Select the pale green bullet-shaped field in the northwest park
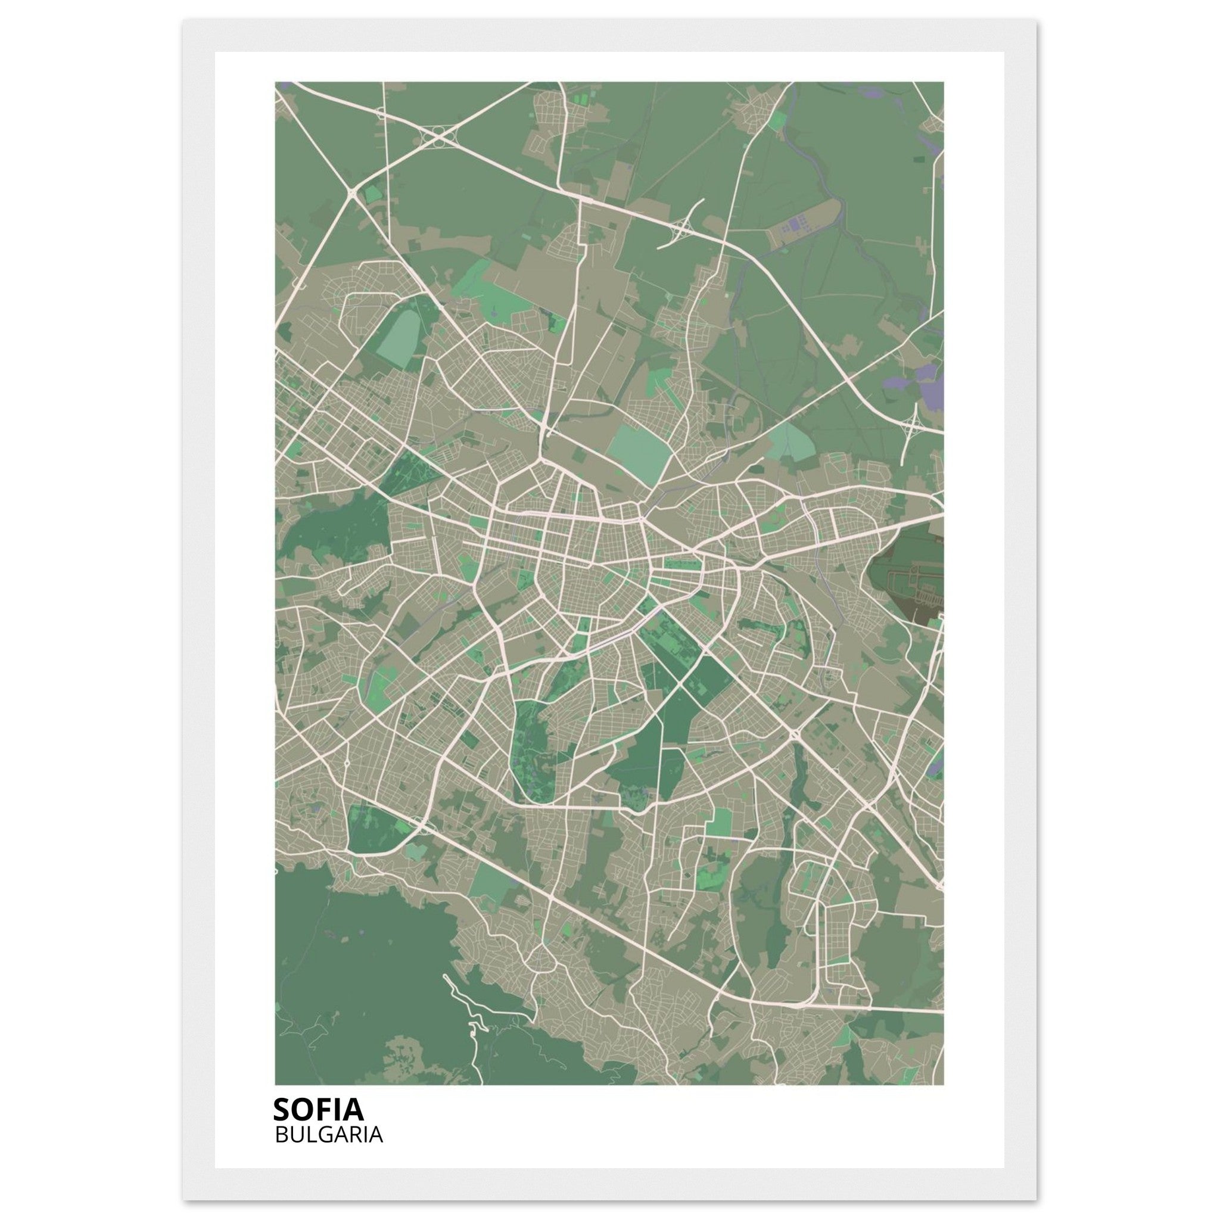[x=402, y=338]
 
